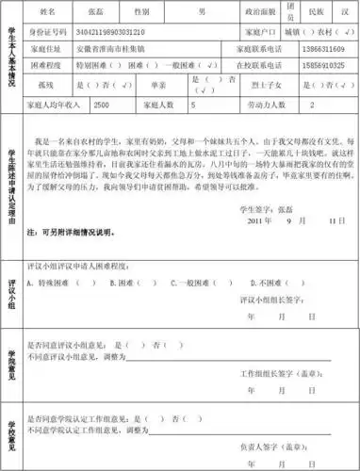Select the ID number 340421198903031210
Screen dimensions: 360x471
point(106,30)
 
